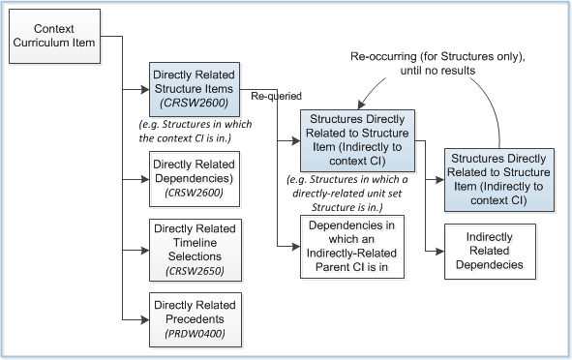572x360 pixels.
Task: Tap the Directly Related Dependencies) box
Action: tap(196, 181)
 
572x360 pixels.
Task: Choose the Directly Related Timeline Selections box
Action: tap(196, 248)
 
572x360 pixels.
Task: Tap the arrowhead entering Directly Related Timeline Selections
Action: tap(145, 249)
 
